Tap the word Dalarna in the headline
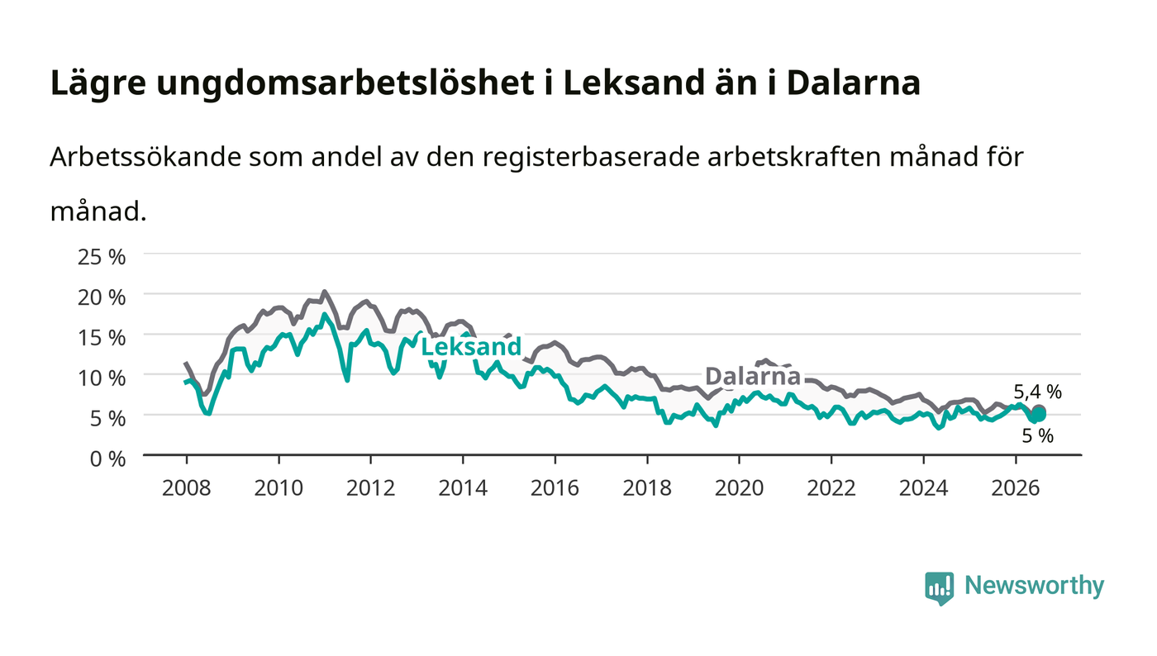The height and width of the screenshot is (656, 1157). [x=854, y=83]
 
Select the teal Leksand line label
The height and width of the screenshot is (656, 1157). [x=471, y=347]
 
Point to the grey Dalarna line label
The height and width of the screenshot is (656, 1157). [x=753, y=376]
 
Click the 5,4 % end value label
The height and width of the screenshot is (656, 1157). [x=1038, y=392]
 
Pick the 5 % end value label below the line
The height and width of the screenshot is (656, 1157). [x=1038, y=436]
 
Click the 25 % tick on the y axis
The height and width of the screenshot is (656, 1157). [x=102, y=257]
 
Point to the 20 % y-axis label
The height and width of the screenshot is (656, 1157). [x=102, y=297]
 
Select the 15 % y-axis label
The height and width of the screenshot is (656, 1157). [x=102, y=337]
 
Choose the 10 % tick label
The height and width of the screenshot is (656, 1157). [x=102, y=378]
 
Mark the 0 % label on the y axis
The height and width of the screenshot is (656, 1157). [x=108, y=459]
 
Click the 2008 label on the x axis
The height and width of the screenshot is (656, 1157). [x=187, y=487]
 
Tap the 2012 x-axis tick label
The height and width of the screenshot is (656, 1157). [x=371, y=487]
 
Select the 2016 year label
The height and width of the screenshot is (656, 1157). [x=555, y=487]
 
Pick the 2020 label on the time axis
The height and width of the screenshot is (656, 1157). [x=739, y=487]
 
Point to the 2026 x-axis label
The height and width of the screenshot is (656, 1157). [x=1016, y=487]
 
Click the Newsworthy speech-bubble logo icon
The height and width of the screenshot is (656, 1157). [x=940, y=588]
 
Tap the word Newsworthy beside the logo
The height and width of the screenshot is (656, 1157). [x=1035, y=586]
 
